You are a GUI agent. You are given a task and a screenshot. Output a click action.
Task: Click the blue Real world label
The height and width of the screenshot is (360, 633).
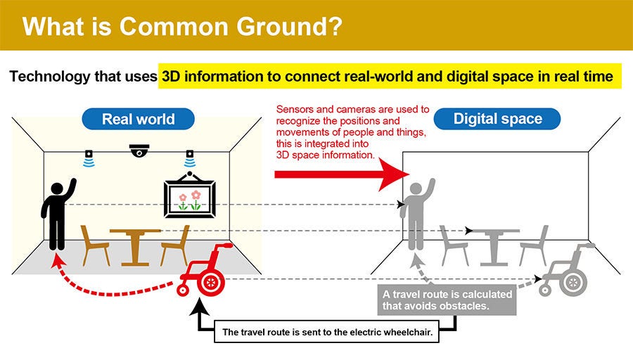click(138, 119)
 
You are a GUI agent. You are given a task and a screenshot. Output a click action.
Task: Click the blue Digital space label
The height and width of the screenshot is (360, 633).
click(497, 119)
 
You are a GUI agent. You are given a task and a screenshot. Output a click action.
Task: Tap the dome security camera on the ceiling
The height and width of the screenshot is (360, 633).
click(139, 150)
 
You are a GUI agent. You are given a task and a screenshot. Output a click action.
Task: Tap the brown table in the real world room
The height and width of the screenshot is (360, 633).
click(135, 247)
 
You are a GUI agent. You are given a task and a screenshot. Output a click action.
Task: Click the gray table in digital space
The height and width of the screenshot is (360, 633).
click(494, 247)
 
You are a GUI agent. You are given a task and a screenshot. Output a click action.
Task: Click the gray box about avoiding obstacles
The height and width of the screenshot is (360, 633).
click(447, 300)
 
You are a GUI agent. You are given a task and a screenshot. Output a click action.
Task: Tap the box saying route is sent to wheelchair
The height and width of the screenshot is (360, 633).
click(326, 332)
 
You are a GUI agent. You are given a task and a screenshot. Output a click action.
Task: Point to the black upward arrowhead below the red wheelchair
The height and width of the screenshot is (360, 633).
click(200, 307)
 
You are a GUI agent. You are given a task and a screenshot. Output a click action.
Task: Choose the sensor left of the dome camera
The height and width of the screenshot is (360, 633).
click(89, 158)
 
